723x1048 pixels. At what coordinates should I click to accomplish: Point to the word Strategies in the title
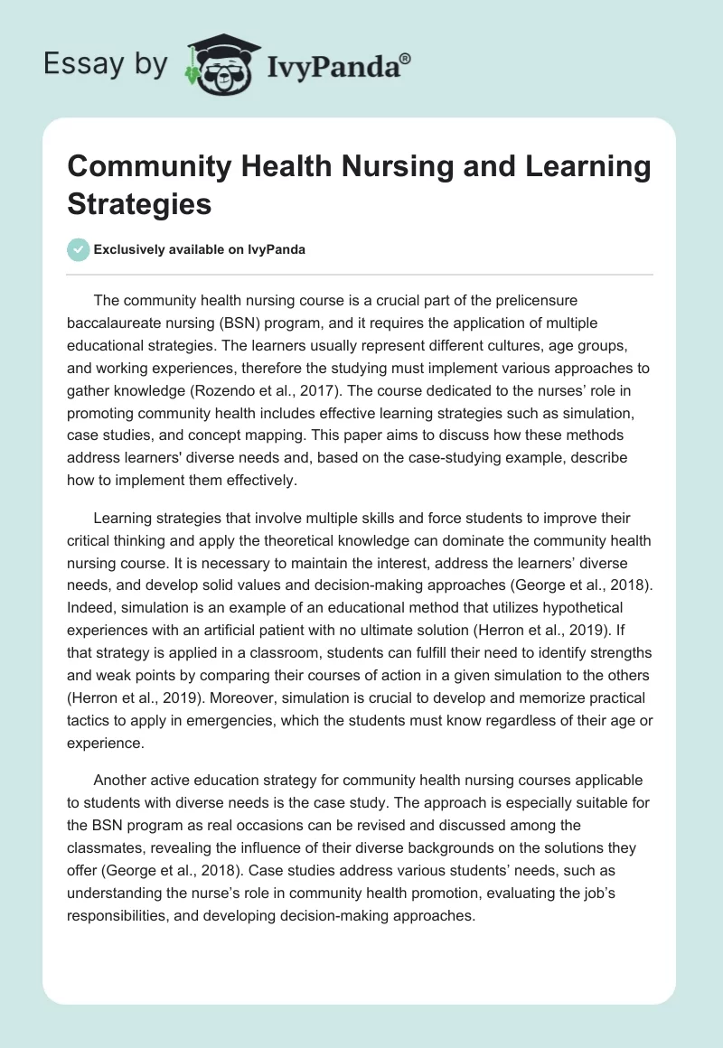click(140, 204)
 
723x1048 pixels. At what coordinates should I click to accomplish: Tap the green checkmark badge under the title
click(79, 249)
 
